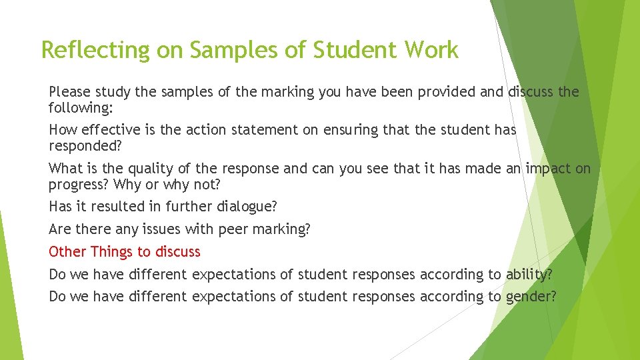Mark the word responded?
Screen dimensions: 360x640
pyautogui.click(x=87, y=145)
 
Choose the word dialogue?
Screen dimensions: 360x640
pyautogui.click(x=239, y=207)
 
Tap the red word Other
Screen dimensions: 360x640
pyautogui.click(x=67, y=251)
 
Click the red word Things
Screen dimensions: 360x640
pyautogui.click(x=112, y=251)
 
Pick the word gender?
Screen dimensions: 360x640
pyautogui.click(x=531, y=297)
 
